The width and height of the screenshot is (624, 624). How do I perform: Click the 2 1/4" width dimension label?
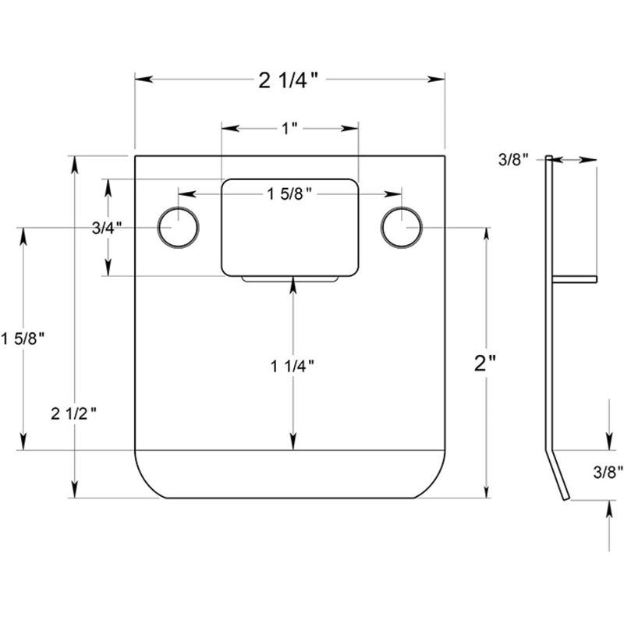click(288, 80)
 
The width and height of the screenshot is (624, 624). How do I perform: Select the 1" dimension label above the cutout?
click(289, 129)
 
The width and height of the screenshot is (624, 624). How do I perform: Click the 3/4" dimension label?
click(107, 228)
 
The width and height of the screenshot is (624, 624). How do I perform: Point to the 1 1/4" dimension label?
click(292, 366)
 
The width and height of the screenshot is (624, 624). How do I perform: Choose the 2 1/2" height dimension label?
click(73, 414)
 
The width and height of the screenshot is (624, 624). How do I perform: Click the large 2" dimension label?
click(485, 363)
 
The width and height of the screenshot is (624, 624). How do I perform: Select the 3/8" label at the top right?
click(513, 160)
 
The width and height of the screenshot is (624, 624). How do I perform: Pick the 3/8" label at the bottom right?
click(608, 473)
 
